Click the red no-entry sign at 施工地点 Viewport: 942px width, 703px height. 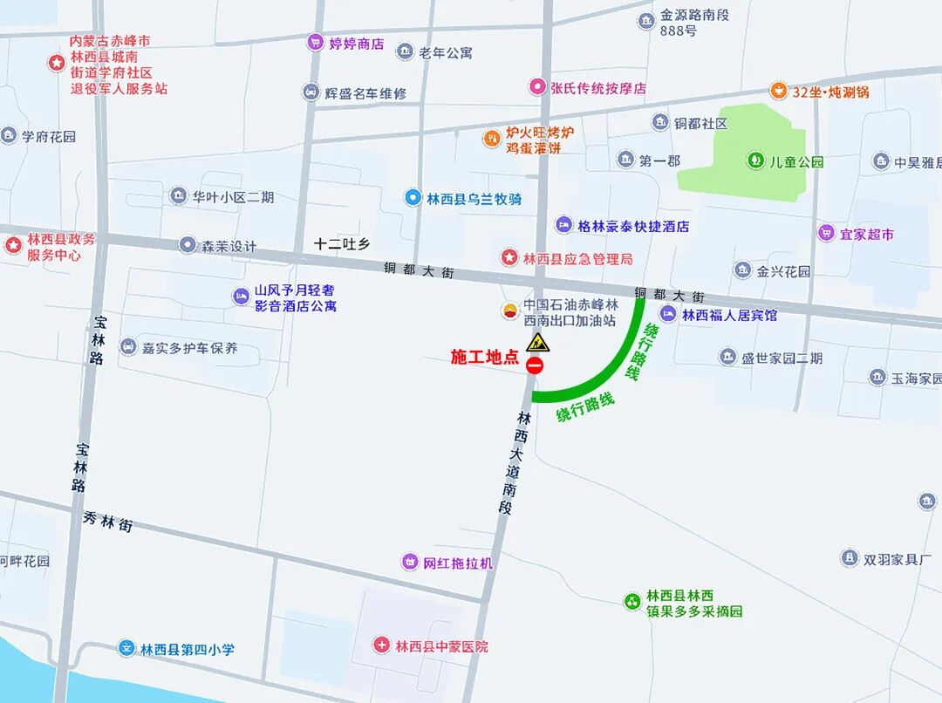pyautogui.click(x=535, y=365)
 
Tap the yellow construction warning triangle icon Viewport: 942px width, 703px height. pyautogui.click(x=538, y=341)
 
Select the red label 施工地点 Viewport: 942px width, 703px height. pyautogui.click(x=484, y=358)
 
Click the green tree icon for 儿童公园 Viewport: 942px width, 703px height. pyautogui.click(x=755, y=160)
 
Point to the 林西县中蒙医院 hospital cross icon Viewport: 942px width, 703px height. pyautogui.click(x=382, y=645)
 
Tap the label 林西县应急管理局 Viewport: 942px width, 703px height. pyautogui.click(x=577, y=258)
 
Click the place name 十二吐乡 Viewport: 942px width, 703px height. pyautogui.click(x=343, y=245)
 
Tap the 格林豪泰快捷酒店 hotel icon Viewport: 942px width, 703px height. pyautogui.click(x=564, y=225)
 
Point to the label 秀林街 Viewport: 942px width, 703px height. pyautogui.click(x=108, y=522)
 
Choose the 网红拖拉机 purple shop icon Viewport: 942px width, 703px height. pyautogui.click(x=410, y=562)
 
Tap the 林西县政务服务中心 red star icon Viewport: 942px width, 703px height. pyautogui.click(x=13, y=245)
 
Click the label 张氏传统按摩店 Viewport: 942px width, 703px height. pyautogui.click(x=597, y=87)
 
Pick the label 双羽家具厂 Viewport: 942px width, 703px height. pyautogui.click(x=898, y=559)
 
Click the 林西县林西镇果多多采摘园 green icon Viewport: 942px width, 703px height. pyautogui.click(x=631, y=601)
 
